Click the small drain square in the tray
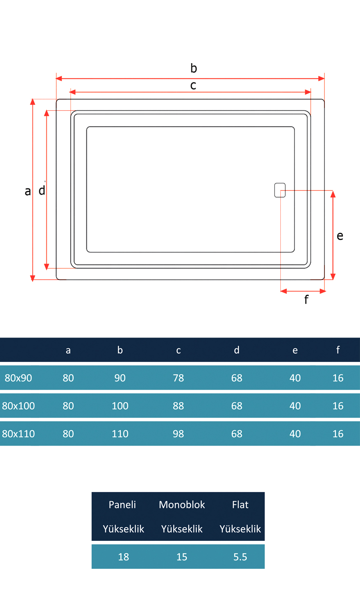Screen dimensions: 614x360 coord(280,190)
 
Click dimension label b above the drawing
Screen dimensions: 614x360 coord(194,68)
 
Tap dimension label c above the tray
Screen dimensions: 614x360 coord(193,86)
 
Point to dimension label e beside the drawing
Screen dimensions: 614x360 coord(340,236)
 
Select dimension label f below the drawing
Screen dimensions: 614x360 coord(306,299)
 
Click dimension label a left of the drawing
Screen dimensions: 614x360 coord(28,191)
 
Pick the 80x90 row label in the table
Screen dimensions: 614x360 coord(18,378)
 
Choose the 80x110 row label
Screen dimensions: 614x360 coord(18,434)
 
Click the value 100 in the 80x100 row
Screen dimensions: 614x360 coord(120,406)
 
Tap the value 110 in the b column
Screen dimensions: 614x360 coord(120,434)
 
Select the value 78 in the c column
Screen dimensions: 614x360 coord(178,378)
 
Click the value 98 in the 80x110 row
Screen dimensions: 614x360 coord(178,434)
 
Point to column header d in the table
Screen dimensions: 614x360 coord(237,350)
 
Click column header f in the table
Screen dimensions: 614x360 coord(338,350)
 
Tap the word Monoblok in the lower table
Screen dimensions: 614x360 coord(182,505)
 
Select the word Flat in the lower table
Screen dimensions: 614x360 coord(240,505)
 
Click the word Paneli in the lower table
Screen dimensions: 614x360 coord(122,505)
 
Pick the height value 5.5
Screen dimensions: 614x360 coord(240,557)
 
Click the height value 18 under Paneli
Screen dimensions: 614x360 coord(124,557)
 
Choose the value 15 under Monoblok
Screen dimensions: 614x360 coord(182,557)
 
